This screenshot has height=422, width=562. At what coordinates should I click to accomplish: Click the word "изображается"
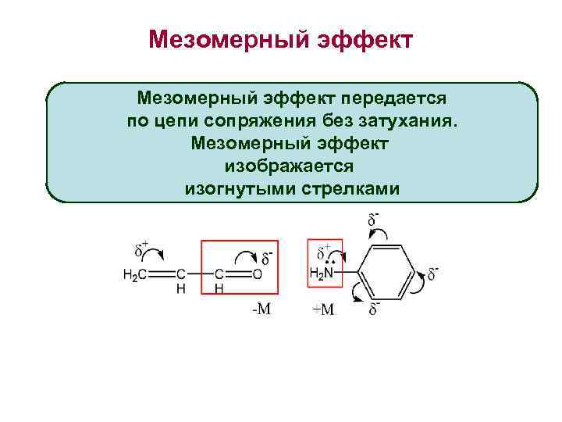click(290, 166)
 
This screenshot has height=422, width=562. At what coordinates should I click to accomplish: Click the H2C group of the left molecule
click(134, 274)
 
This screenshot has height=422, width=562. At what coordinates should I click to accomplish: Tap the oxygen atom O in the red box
click(257, 274)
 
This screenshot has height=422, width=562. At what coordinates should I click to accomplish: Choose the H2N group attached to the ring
click(322, 274)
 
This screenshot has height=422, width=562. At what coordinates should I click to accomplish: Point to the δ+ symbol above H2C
click(141, 250)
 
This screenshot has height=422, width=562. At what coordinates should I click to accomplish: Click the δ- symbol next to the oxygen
click(267, 257)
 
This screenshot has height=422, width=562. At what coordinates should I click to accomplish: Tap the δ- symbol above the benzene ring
click(374, 220)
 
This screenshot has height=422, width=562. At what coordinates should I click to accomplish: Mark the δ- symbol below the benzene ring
click(374, 309)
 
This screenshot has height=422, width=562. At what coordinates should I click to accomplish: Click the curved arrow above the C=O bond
click(247, 256)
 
